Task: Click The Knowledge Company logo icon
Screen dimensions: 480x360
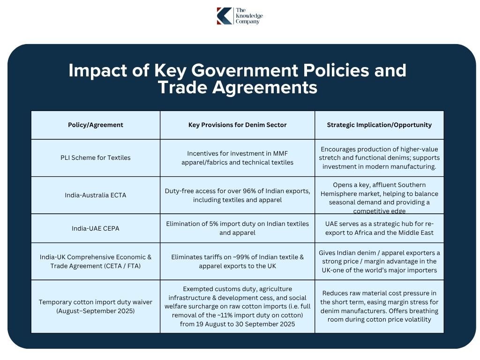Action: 224,15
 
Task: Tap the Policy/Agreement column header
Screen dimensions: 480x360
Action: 96,125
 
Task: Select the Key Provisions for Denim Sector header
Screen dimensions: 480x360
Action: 237,125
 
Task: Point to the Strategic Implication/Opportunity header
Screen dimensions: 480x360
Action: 379,125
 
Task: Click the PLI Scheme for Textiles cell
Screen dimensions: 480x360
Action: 96,157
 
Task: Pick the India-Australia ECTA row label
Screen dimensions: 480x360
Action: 96,195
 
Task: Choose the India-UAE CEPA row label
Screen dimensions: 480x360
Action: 96,228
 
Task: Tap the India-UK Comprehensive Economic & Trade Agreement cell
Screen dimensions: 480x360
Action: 96,261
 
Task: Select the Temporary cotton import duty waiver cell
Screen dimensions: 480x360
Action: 96,307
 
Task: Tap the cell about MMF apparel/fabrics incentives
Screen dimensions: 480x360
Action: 237,157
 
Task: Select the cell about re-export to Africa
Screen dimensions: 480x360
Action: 379,228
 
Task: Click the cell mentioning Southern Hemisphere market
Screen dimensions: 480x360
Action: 379,195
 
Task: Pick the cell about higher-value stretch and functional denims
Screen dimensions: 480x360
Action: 379,157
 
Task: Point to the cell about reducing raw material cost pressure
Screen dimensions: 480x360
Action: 379,307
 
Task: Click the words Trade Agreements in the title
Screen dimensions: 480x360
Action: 237,88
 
